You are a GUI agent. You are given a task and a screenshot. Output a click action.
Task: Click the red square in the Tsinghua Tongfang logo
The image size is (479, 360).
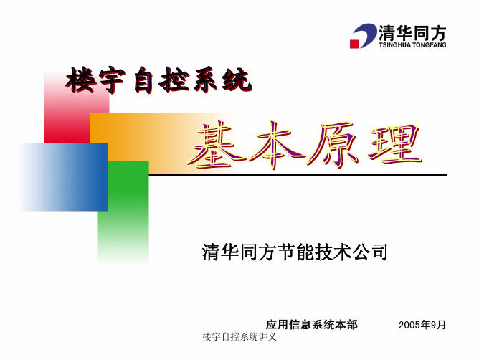click(x=354, y=44)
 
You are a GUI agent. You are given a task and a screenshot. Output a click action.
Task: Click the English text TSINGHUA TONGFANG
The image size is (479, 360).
click(x=412, y=45)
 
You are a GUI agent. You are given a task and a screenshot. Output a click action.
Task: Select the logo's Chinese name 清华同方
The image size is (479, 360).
click(x=412, y=32)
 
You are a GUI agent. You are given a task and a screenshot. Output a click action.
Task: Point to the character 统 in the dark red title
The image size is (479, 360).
click(x=237, y=80)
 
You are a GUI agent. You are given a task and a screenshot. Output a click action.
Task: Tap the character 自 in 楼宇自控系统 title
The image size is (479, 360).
click(x=143, y=81)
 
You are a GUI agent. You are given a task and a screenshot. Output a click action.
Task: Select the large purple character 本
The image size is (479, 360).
click(x=275, y=145)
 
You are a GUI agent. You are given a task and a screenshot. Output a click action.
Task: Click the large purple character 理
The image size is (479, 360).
click(x=395, y=145)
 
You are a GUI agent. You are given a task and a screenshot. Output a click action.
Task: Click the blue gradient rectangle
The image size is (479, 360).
click(x=62, y=176)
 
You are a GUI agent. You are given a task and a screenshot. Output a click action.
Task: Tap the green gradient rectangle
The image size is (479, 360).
click(x=123, y=213)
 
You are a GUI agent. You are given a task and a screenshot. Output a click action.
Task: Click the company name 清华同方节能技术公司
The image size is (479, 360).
click(x=295, y=252)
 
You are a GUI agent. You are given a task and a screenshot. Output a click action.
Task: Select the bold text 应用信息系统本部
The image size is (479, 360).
click(x=312, y=325)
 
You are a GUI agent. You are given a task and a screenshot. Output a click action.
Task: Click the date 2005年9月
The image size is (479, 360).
click(x=422, y=325)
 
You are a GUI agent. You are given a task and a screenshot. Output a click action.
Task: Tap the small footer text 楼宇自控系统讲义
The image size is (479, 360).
click(x=239, y=337)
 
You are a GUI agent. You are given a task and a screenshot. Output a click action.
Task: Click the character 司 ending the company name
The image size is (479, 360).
click(x=379, y=252)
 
